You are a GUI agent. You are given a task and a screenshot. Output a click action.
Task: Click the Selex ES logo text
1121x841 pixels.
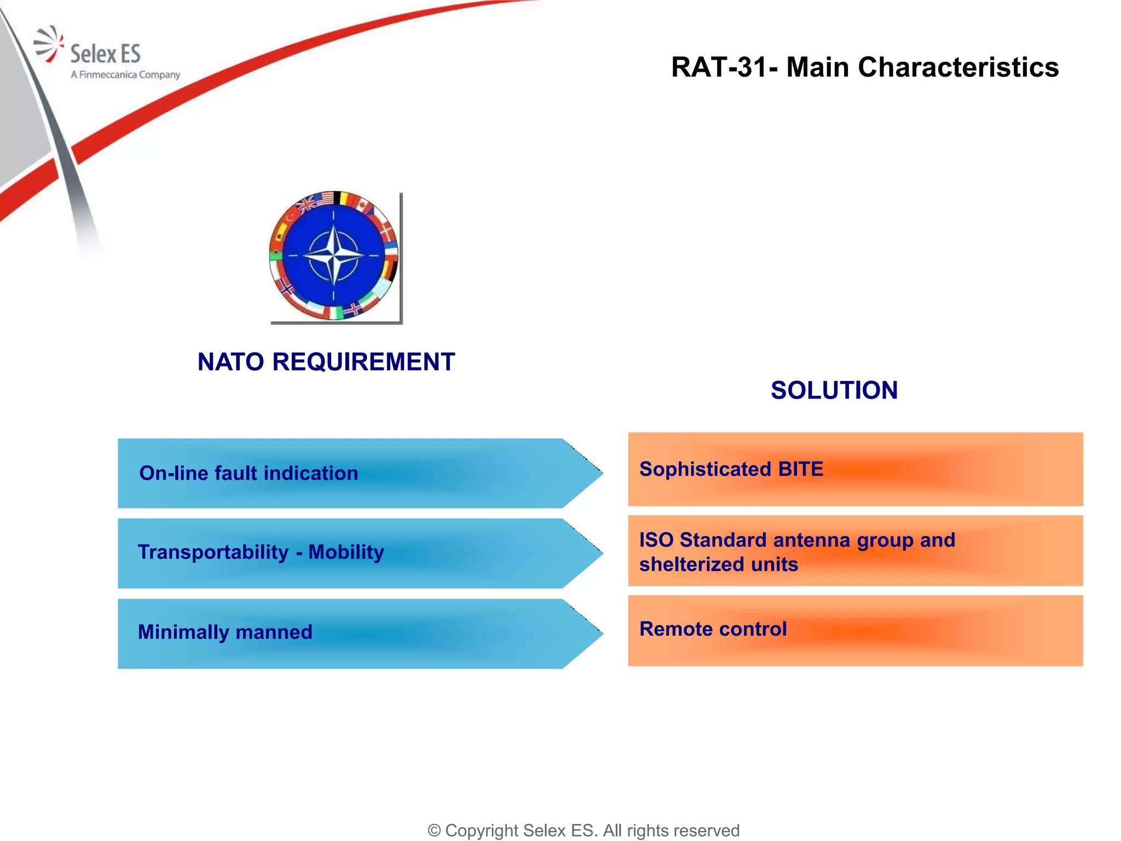click(x=105, y=54)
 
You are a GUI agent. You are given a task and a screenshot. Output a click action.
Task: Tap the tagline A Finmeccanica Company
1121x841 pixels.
click(x=125, y=74)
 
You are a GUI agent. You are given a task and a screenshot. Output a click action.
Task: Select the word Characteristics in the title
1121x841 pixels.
click(x=958, y=68)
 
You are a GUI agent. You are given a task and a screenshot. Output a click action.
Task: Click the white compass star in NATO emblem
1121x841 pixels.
click(x=333, y=256)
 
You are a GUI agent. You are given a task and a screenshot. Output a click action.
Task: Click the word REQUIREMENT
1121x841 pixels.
click(x=363, y=362)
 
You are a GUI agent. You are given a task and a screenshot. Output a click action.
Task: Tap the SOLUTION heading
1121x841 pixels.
click(x=834, y=390)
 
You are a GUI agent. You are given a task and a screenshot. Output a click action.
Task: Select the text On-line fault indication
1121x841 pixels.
click(x=249, y=473)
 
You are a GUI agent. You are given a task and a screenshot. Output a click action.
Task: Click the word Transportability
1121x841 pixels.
click(x=213, y=552)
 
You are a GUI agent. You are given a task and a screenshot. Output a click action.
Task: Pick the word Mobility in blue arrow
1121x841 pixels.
click(x=346, y=552)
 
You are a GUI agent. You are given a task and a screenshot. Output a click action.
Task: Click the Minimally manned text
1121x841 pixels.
click(x=225, y=632)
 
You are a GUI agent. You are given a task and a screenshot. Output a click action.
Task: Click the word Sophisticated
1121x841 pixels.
click(x=705, y=469)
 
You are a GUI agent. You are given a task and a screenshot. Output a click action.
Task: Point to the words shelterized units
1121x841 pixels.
click(x=718, y=564)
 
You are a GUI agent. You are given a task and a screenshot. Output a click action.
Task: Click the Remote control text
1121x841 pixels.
click(x=713, y=629)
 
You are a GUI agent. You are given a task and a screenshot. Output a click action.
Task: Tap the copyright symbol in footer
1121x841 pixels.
click(x=434, y=831)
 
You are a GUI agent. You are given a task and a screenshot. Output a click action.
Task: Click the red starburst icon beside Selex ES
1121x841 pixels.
click(x=48, y=44)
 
